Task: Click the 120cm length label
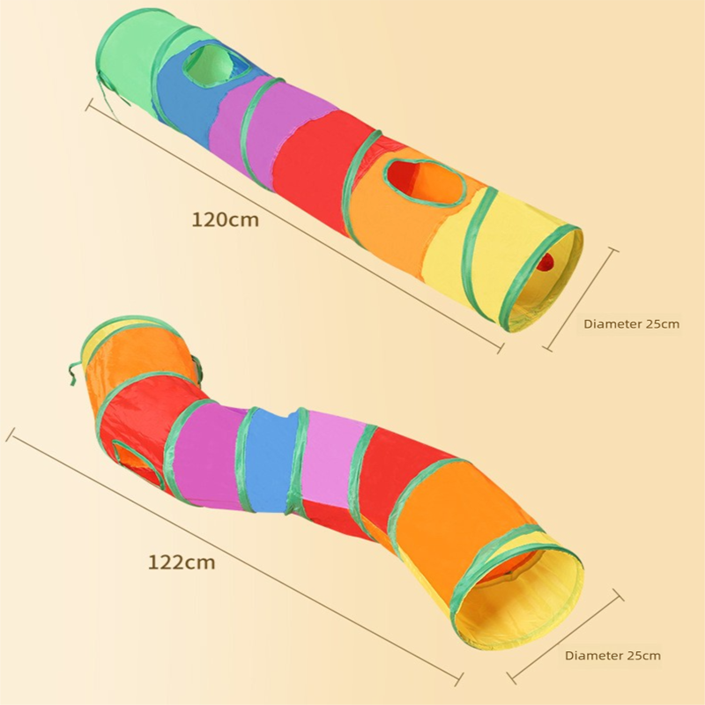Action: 226,219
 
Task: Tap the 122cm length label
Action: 182,562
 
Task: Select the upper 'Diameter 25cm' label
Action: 631,323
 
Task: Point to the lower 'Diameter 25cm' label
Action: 612,656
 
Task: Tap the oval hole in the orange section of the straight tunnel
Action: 425,182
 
